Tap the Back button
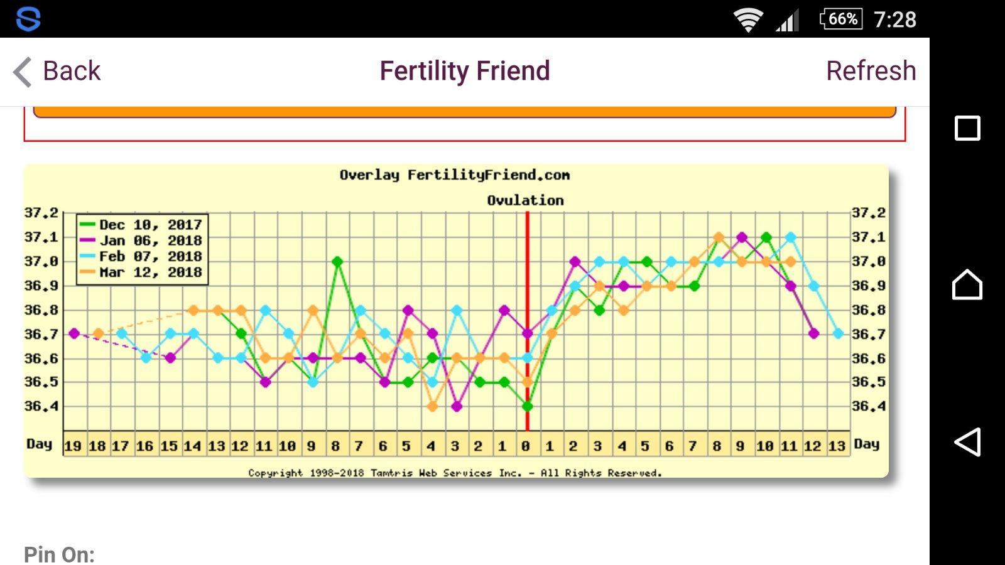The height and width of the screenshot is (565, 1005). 58,71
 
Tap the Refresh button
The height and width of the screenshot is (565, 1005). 871,71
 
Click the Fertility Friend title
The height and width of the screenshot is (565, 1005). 465,71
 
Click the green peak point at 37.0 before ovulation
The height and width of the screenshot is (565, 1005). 337,261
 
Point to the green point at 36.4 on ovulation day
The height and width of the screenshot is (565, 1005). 528,406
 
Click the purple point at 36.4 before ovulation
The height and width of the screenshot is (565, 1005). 457,406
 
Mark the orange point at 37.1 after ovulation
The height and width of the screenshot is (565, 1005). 719,237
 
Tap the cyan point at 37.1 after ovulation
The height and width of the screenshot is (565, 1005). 791,237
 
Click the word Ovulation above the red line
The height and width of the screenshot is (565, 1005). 525,200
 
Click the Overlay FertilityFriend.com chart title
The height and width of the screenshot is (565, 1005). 454,175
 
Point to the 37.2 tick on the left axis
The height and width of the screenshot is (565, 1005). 41,213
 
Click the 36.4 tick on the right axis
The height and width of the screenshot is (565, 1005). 869,406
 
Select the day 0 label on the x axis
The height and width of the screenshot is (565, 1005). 526,446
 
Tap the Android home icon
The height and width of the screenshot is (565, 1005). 967,284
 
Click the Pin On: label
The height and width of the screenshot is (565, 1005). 59,554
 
